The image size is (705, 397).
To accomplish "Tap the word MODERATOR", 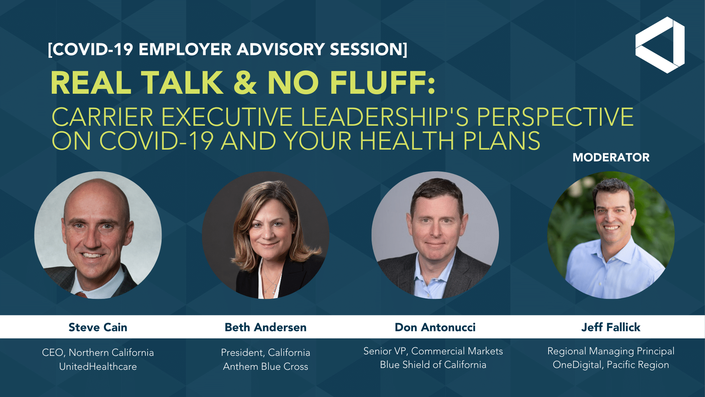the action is [611, 157].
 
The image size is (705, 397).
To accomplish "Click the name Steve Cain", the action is [98, 327].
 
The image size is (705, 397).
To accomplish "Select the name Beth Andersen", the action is [265, 327].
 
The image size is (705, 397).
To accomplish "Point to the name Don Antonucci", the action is [435, 327].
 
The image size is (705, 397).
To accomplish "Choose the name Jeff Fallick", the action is [611, 327].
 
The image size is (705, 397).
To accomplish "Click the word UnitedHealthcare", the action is [98, 366].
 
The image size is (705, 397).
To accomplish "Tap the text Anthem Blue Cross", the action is [265, 366].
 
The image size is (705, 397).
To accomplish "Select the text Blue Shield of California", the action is [433, 365].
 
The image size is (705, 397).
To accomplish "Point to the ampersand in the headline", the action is [245, 82].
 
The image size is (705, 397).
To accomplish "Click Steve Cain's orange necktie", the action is [82, 294].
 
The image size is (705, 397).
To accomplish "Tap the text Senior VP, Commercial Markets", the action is [433, 351].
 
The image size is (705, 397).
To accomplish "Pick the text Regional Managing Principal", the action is [611, 351].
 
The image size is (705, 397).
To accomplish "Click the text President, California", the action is [265, 353].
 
